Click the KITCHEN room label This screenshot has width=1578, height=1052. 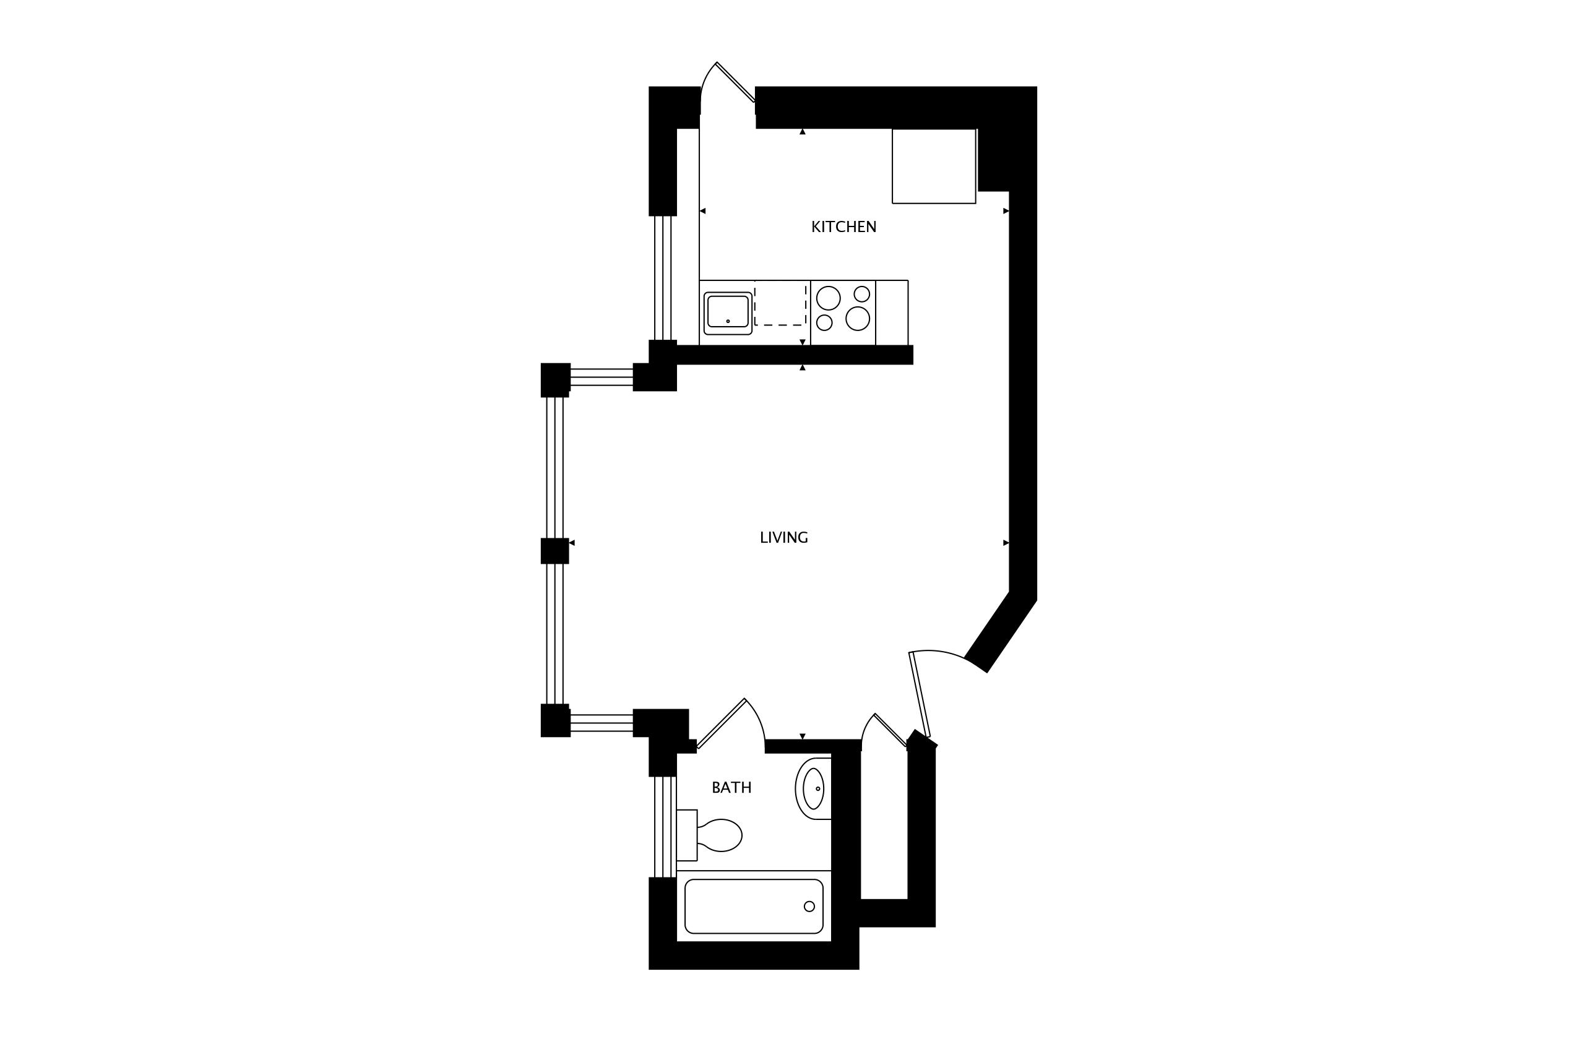pos(843,228)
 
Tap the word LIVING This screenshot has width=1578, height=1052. pos(783,537)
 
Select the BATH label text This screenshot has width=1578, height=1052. pos(731,788)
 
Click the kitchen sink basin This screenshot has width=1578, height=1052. pos(727,313)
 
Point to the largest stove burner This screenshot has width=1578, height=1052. pos(858,318)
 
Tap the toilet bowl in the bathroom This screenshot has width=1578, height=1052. pos(720,835)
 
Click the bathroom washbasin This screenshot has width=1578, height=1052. pos(813,788)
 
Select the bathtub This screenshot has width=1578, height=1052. pos(754,906)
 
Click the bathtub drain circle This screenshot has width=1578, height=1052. pos(809,907)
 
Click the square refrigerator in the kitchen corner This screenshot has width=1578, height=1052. pos(933,166)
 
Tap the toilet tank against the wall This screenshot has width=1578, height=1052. pos(687,835)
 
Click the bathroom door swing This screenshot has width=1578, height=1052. pos(731,724)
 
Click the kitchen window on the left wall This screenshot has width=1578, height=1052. pos(663,278)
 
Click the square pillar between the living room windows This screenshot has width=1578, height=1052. pos(555,551)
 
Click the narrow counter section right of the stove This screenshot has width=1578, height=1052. pos(892,313)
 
